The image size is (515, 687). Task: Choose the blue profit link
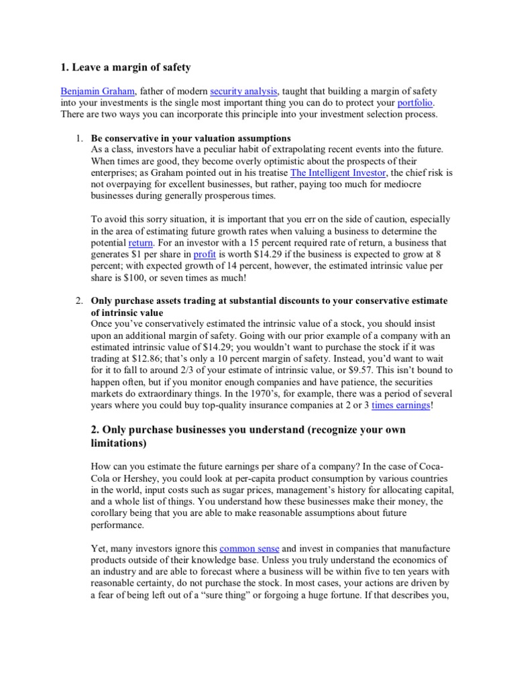[x=205, y=254]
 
